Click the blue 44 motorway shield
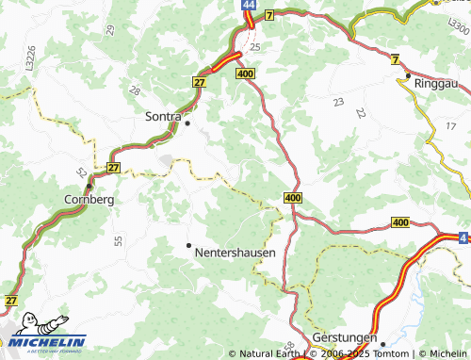coord(247,6)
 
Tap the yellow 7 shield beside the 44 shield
coord(268,16)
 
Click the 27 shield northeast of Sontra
coord(200,82)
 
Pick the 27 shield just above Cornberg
coord(114,168)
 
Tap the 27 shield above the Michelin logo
coord(11,299)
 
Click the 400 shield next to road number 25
coord(247,73)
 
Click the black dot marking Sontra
coord(187,123)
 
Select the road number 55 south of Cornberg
coord(119,241)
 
